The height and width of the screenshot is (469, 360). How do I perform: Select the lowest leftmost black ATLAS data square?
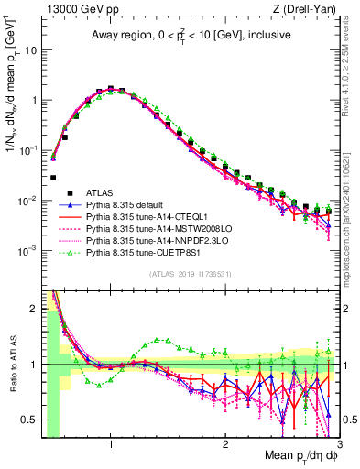point(53,178)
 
